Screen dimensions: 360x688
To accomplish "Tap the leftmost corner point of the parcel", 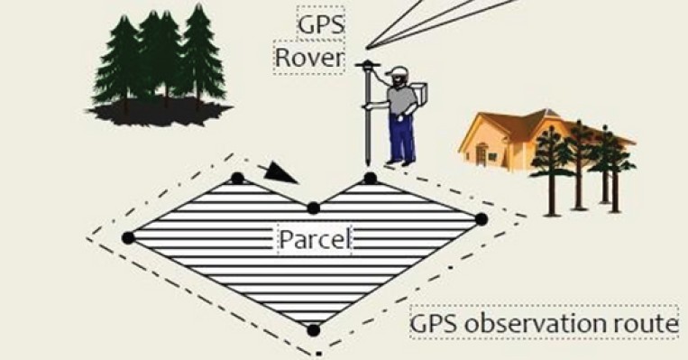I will coord(128,237).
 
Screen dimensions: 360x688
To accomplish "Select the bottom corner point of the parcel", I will coord(313,330).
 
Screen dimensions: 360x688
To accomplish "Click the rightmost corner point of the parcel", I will coord(482,218).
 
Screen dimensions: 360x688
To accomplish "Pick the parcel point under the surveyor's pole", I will coord(370,179).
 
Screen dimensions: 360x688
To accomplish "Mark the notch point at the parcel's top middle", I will coord(313,208).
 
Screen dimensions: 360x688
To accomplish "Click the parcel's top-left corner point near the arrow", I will coord(237,178).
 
